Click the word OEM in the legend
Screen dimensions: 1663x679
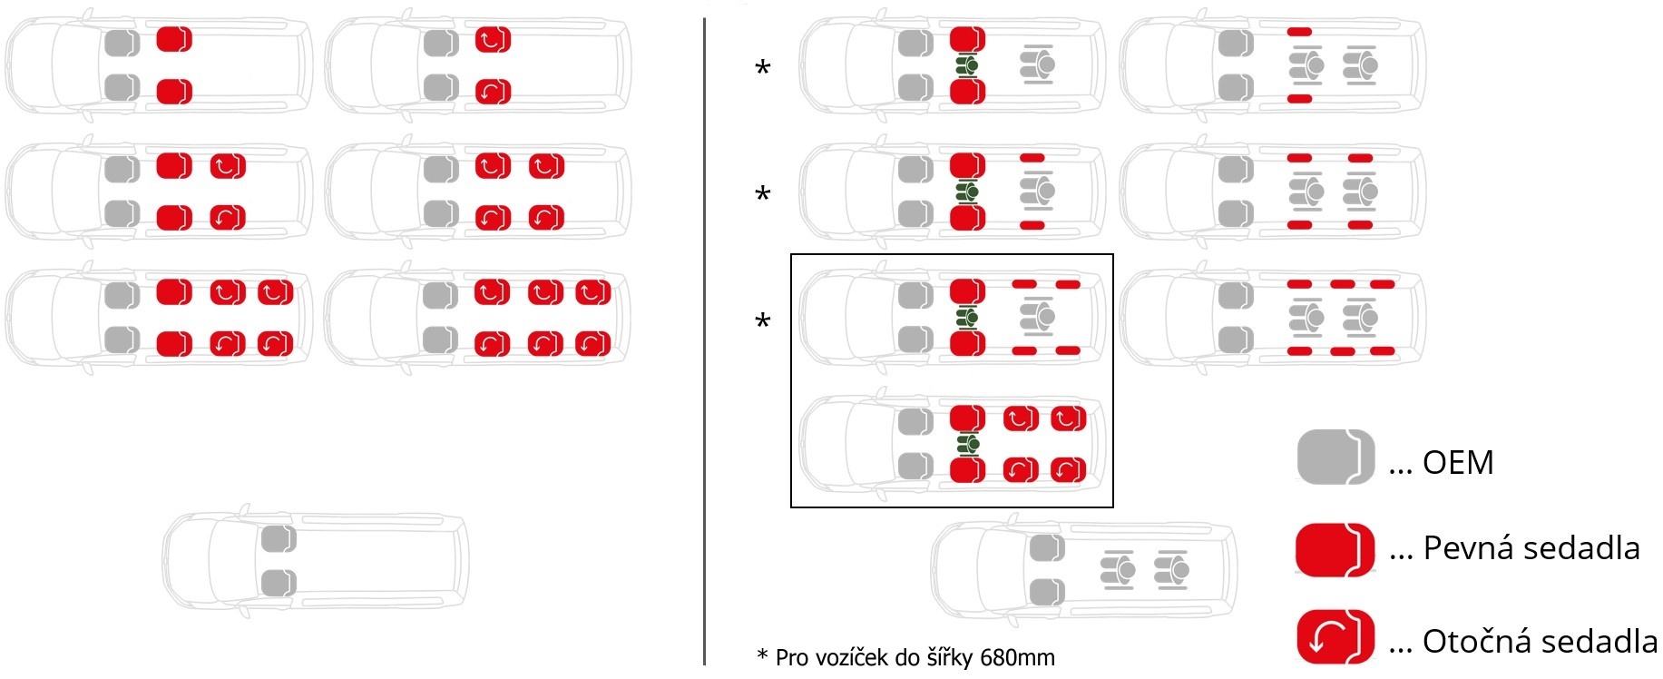1458,463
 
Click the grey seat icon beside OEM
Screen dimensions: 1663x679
1335,457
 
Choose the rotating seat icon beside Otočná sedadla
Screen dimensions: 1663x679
1335,636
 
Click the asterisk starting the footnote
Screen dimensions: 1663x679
762,655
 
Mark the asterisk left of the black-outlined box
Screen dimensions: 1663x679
763,321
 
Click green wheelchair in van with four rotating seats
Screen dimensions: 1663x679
968,444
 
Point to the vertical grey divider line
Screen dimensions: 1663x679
704,341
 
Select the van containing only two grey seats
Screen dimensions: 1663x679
316,561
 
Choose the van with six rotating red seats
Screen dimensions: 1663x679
478,318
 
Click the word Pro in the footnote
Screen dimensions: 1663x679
793,657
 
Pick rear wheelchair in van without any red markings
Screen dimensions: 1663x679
1172,570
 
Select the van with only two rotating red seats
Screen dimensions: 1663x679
478,65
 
